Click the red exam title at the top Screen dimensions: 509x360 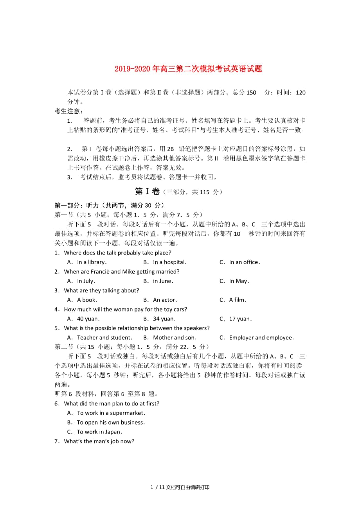pyautogui.click(x=188, y=69)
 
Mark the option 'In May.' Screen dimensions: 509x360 pyautogui.click(x=239, y=281)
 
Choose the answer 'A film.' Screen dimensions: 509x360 pyautogui.click(x=238, y=300)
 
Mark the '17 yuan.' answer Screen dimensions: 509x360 pyautogui.click(x=240, y=319)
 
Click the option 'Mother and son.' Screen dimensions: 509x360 pyautogui.click(x=175, y=337)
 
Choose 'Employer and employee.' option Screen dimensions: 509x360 pyautogui.click(x=261, y=337)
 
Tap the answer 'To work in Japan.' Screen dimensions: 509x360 pyautogui.click(x=99, y=432)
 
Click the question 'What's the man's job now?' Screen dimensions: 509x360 pyautogui.click(x=99, y=441)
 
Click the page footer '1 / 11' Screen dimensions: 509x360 pyautogui.click(x=156, y=487)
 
